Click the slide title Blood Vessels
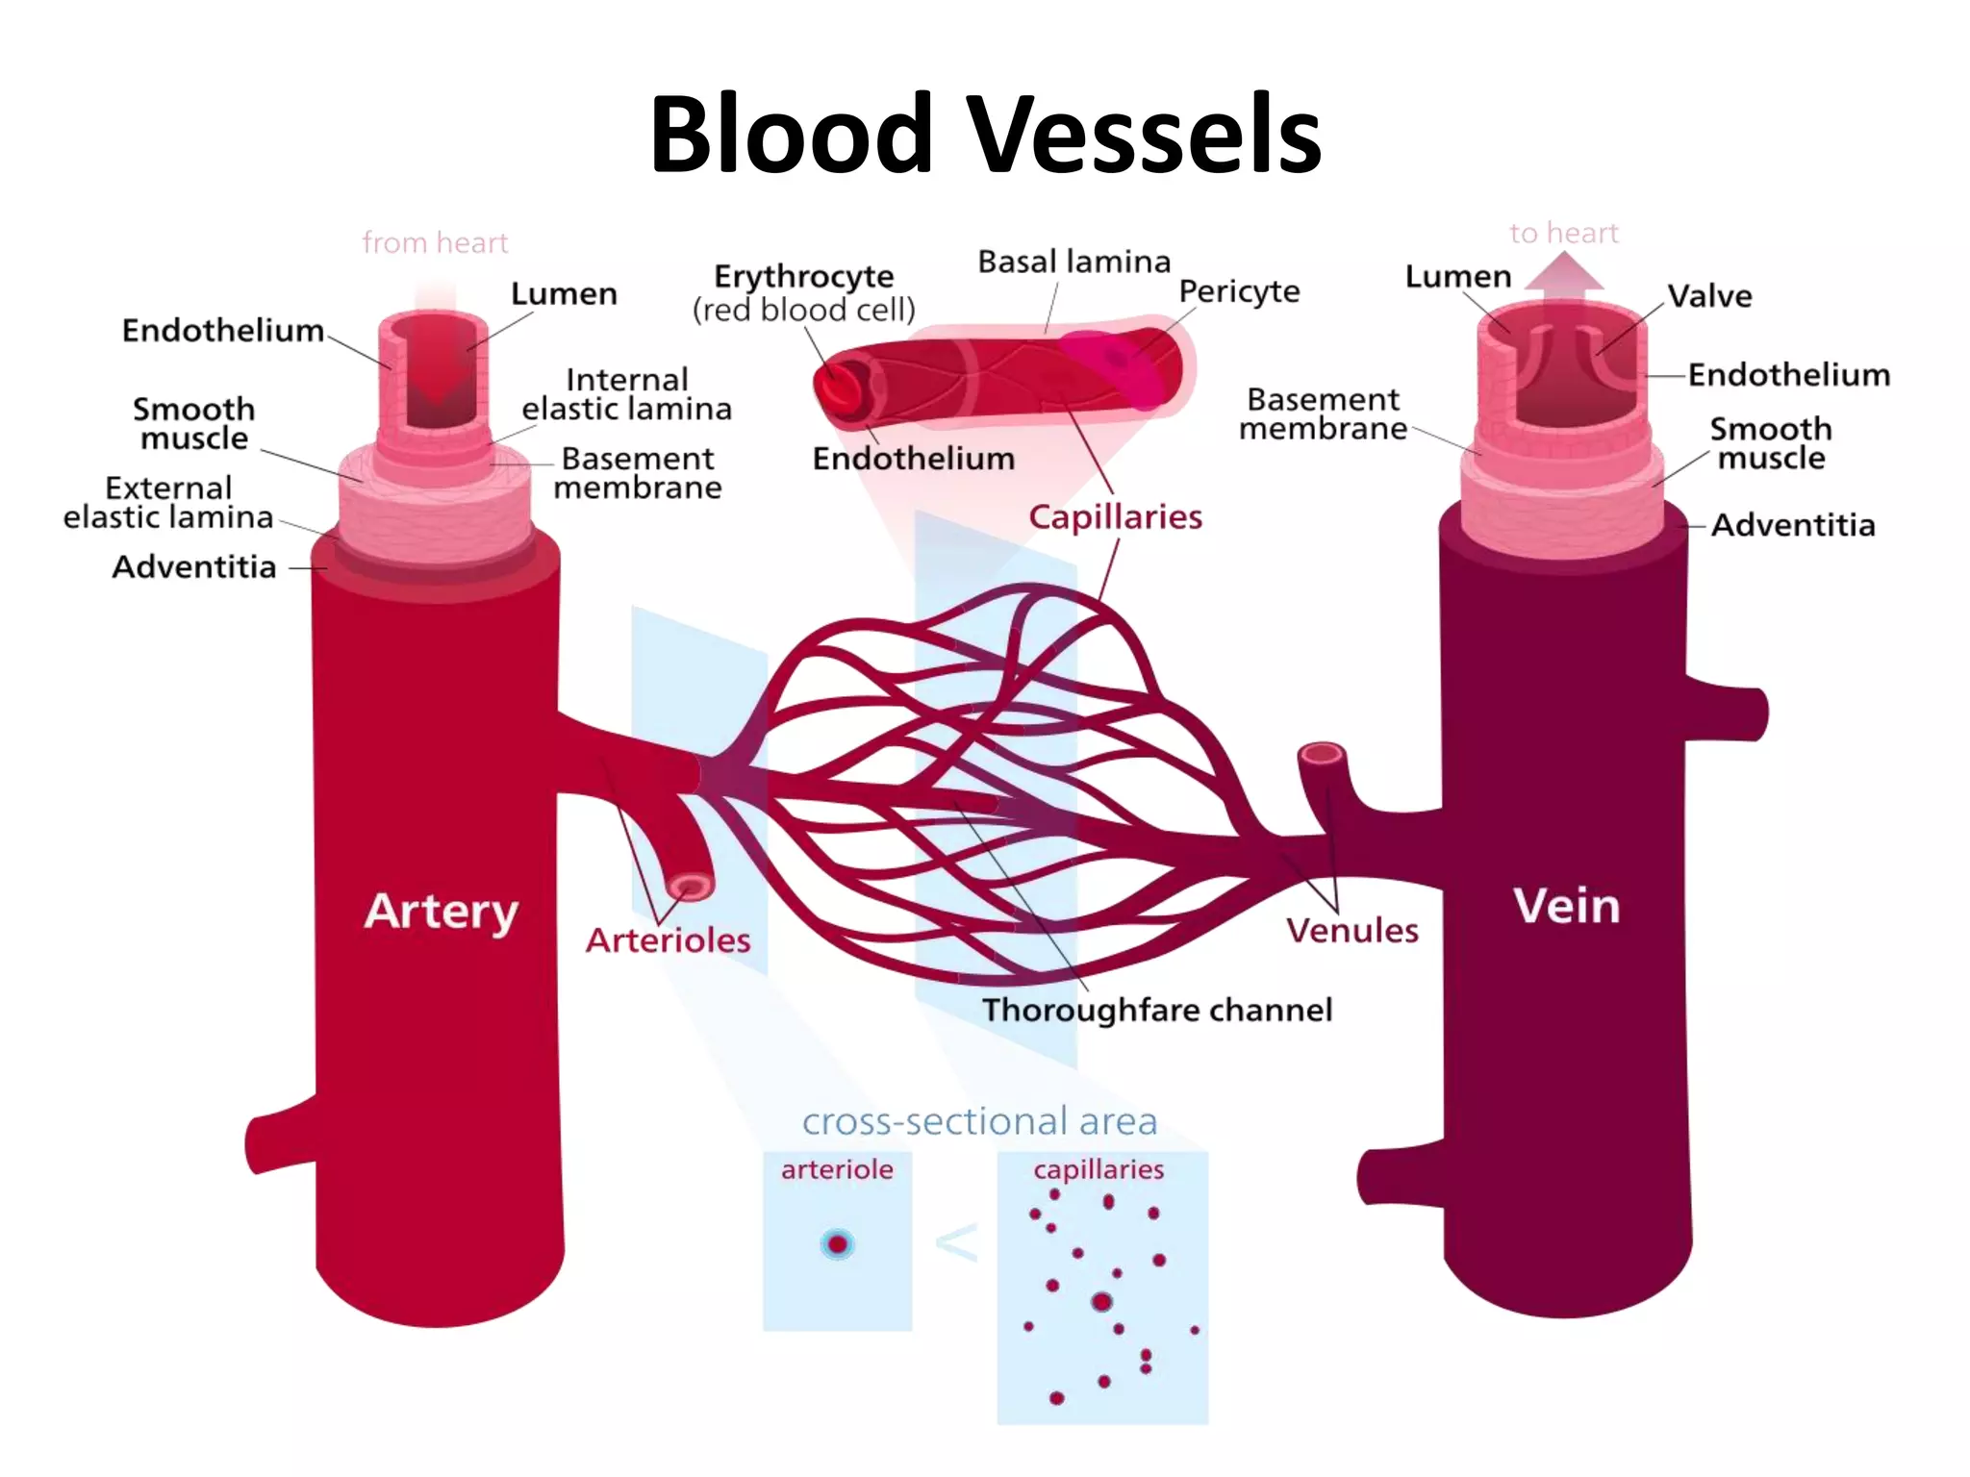[x=985, y=135]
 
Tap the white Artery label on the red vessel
[x=442, y=911]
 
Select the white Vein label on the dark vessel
[x=1566, y=906]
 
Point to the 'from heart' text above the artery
[x=435, y=242]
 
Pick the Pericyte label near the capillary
[x=1239, y=290]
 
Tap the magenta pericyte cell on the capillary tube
[x=1116, y=363]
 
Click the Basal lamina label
[x=1073, y=262]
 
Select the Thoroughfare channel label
[x=1156, y=1010]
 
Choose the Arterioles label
[x=668, y=939]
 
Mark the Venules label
[x=1351, y=930]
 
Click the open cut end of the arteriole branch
[x=691, y=885]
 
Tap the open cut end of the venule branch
[x=1322, y=754]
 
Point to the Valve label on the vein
[x=1708, y=296]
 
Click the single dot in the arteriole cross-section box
[x=837, y=1244]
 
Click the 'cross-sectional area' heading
[x=979, y=1121]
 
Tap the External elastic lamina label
[x=168, y=502]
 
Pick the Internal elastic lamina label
[x=626, y=394]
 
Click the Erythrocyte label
[x=804, y=277]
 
